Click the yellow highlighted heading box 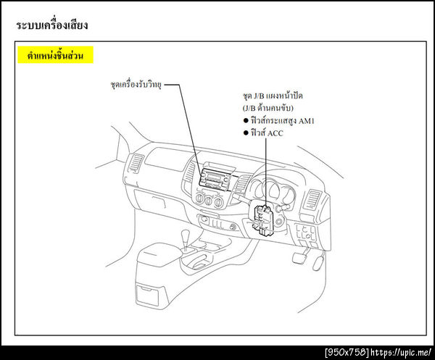55,55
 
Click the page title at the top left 51,25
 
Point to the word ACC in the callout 275,133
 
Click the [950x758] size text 347,352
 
